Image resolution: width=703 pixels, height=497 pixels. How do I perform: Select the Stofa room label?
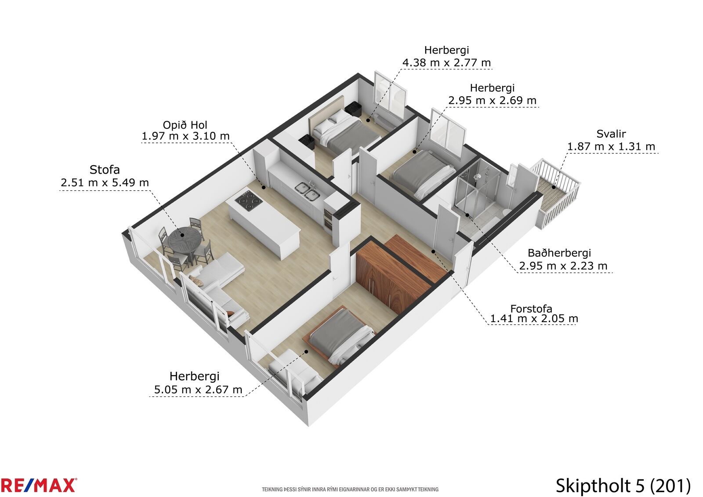pos(105,170)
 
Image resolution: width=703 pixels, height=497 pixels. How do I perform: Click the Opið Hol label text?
pos(185,125)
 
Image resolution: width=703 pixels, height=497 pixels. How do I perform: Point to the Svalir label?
pos(611,134)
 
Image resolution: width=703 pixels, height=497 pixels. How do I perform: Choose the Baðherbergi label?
pos(559,253)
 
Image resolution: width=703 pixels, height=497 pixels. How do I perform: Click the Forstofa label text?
pos(531,308)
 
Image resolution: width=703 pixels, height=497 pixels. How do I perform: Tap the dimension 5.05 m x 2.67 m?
pos(198,390)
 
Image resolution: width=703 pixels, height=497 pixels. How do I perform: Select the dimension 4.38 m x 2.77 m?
pos(446,63)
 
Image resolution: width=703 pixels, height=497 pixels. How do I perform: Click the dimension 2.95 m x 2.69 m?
pos(493,101)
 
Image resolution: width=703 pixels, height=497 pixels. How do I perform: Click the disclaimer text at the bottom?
pos(350,489)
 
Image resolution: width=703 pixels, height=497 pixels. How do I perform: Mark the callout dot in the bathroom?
pos(467,215)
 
